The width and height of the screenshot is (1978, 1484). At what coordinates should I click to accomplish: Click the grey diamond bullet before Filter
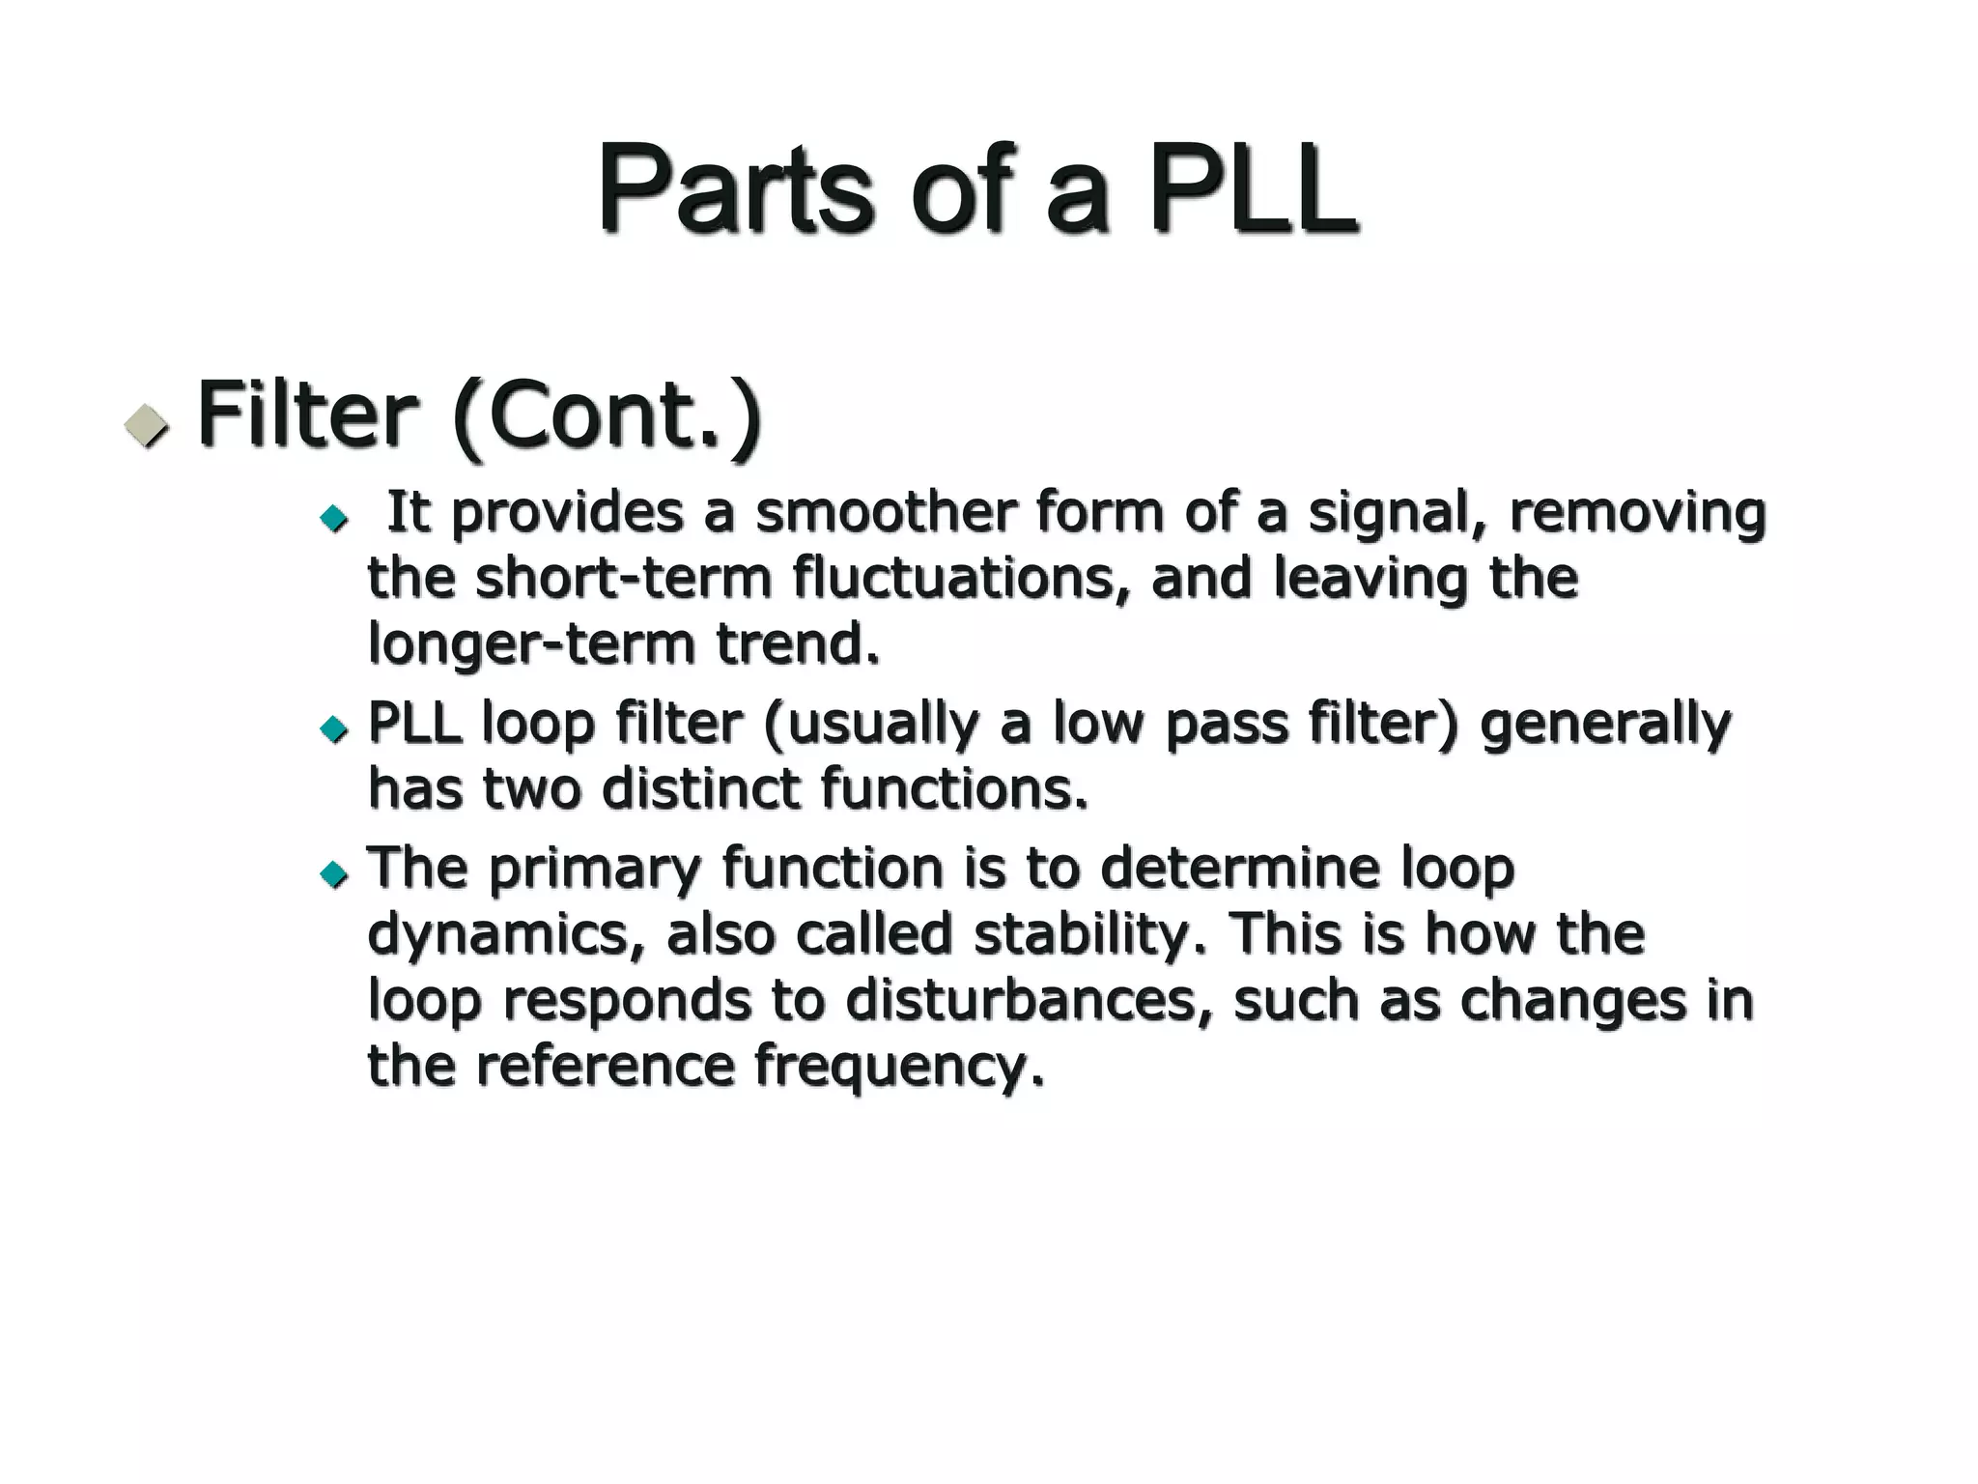(x=147, y=424)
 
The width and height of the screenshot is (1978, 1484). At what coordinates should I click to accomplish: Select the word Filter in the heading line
(x=307, y=415)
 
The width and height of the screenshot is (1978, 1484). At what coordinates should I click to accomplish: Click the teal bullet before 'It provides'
(x=334, y=519)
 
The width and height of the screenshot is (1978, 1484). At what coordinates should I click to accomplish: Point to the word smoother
(x=885, y=512)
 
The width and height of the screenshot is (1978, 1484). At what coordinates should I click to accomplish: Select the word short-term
(x=624, y=579)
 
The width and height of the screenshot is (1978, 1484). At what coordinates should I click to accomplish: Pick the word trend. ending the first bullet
(x=798, y=643)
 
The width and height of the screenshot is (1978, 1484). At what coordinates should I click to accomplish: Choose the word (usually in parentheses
(x=870, y=725)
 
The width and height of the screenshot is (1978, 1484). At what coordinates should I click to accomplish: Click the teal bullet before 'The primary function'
(x=334, y=874)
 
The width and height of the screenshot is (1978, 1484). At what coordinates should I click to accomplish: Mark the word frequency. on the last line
(x=899, y=1068)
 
